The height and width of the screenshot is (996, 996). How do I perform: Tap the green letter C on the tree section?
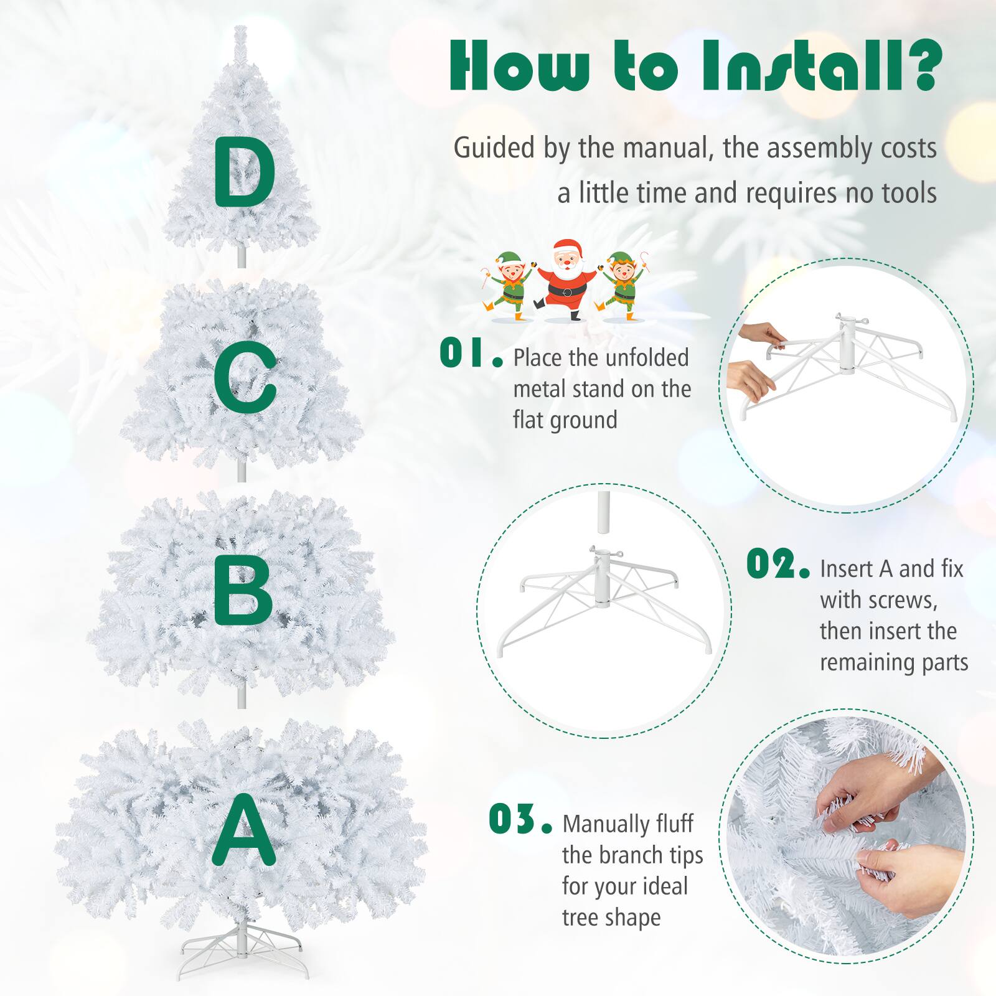tap(244, 378)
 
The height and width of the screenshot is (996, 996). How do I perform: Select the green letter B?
tap(243, 590)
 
